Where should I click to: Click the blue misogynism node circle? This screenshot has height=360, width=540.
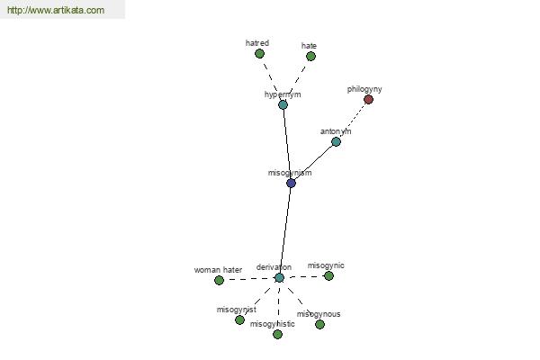(291, 183)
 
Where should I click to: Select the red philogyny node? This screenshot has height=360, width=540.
(368, 100)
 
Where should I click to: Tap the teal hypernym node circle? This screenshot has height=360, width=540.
(283, 104)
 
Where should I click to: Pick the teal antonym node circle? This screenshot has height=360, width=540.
(336, 141)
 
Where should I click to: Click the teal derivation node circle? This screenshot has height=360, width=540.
(279, 278)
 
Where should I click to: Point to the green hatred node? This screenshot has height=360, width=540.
(260, 54)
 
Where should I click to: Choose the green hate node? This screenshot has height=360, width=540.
(310, 56)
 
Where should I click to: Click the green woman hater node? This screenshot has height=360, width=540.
(219, 281)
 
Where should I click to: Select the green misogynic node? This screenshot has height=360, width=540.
(328, 276)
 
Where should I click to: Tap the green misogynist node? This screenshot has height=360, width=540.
(239, 320)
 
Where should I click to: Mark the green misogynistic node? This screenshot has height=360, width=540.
(277, 334)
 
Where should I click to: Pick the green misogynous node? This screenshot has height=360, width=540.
(319, 324)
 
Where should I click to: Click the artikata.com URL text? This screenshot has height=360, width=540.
(56, 10)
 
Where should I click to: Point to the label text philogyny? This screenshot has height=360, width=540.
(364, 89)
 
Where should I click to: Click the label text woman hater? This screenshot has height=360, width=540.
(218, 270)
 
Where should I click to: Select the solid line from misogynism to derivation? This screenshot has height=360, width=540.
(285, 230)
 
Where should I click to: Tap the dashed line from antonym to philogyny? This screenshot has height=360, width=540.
(352, 121)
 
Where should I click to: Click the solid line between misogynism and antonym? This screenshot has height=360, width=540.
(313, 162)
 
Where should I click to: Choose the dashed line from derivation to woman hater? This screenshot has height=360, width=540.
(249, 279)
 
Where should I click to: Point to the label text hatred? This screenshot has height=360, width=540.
(257, 43)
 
